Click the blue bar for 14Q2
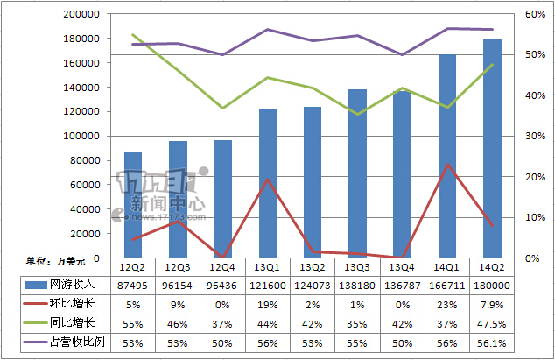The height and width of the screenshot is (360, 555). pyautogui.click(x=493, y=148)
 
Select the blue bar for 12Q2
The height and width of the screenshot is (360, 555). pyautogui.click(x=133, y=204)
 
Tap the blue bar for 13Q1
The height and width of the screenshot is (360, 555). pyautogui.click(x=268, y=183)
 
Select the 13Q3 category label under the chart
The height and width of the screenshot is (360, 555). pyautogui.click(x=357, y=266)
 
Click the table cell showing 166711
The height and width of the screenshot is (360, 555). pyautogui.click(x=447, y=286)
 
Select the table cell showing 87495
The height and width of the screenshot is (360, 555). pyautogui.click(x=133, y=286)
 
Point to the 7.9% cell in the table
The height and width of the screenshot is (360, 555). pyautogui.click(x=492, y=304)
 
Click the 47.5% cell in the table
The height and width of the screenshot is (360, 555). pyautogui.click(x=492, y=322)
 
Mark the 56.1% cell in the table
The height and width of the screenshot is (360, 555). pyautogui.click(x=492, y=342)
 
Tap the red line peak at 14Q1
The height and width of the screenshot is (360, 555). pyautogui.click(x=447, y=164)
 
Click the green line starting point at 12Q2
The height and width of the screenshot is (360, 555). pyautogui.click(x=133, y=35)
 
